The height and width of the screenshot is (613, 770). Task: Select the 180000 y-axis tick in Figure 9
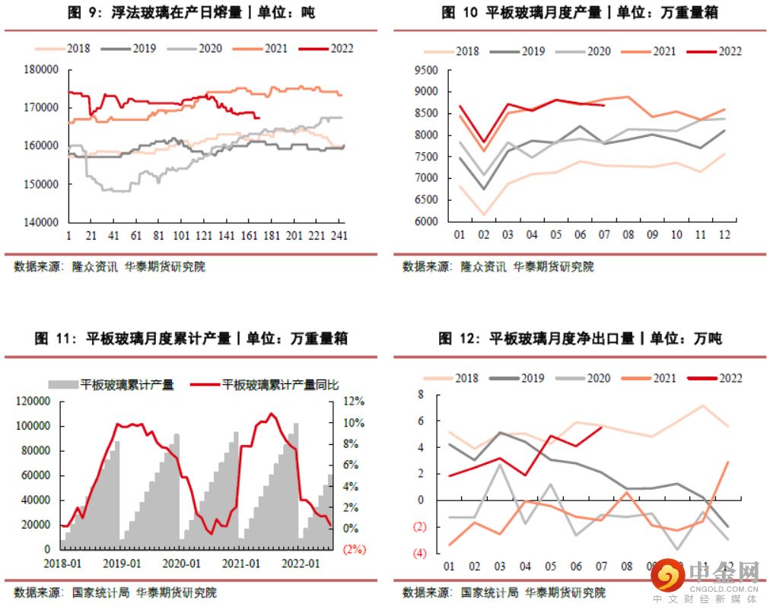click(43, 69)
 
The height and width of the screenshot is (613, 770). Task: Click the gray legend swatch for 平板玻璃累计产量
click(64, 384)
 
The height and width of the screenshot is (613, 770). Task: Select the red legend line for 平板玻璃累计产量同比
click(205, 384)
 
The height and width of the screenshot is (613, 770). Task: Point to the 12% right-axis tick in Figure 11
click(354, 401)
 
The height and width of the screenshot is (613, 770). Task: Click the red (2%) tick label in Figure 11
click(354, 549)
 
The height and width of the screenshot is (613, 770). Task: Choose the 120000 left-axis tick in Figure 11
click(38, 401)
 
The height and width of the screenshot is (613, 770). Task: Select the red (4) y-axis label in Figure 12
click(418, 553)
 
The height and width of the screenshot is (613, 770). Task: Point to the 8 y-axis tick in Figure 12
click(420, 394)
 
